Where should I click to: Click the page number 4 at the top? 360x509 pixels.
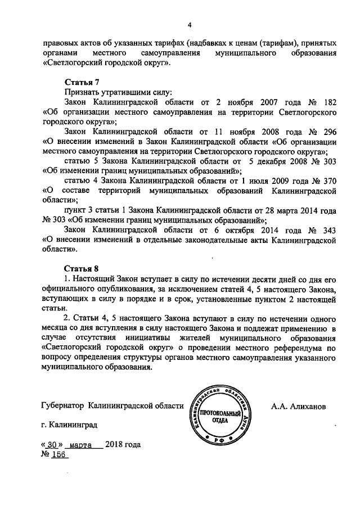(190, 24)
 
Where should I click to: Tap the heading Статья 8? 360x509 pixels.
(82, 267)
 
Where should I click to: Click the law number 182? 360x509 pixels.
(330, 102)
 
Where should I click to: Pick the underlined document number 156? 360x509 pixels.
(60, 454)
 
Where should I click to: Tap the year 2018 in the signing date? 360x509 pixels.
(114, 444)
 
